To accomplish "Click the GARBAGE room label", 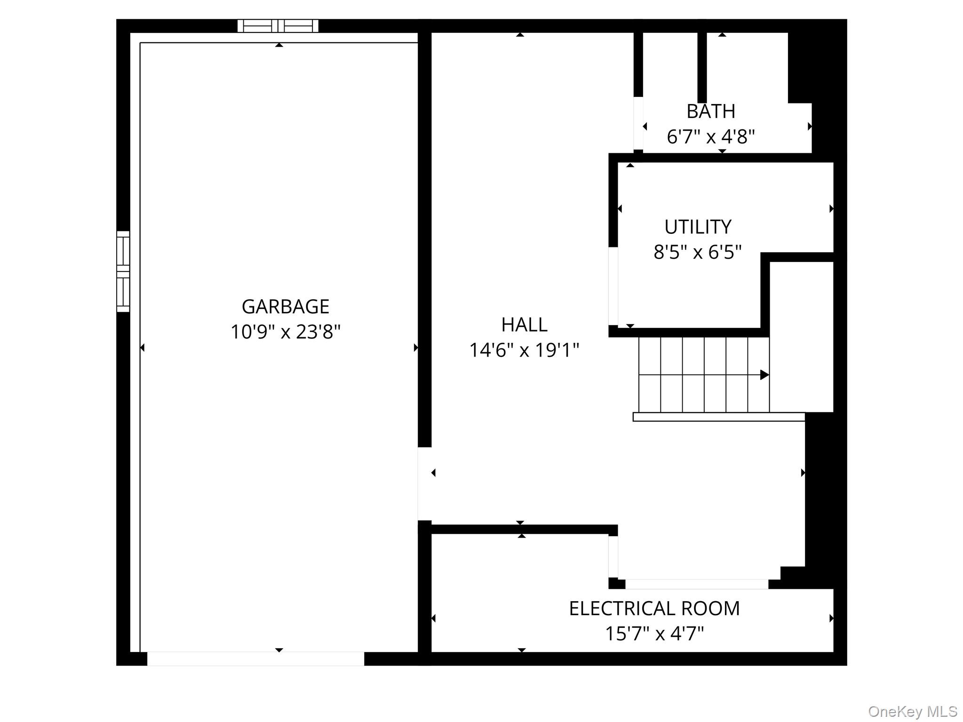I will coord(285,307).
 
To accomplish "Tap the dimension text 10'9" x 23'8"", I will coord(285,332).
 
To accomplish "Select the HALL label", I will coord(524,325).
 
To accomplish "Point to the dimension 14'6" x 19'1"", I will coord(524,350).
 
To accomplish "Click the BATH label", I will coord(710,111).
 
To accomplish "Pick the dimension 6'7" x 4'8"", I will coord(710,137).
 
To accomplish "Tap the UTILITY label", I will coord(698,227).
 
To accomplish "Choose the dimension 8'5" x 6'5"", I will coord(698,253).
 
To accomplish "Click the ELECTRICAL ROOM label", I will coord(654,609).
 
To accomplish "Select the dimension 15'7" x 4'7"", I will coord(654,634).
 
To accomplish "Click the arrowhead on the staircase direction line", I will coord(764,375).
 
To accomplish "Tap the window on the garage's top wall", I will coord(278,26).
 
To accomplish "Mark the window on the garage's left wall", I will coord(123,271).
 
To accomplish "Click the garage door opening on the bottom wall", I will coord(255,659).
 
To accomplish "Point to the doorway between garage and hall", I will coord(424,484).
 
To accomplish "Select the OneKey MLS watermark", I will coord(912,711).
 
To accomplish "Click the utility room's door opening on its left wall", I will coord(613,286).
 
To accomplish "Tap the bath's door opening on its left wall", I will coord(638,123).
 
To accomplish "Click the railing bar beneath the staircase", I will coord(718,417).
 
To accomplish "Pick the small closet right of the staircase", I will coord(801,336).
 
